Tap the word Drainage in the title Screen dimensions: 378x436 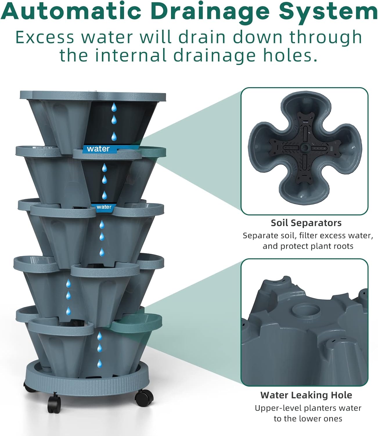point(211,13)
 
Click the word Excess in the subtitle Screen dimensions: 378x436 point(45,37)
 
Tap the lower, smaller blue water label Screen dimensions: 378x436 point(104,207)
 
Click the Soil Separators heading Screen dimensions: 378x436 point(306,223)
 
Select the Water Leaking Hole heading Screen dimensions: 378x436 point(306,395)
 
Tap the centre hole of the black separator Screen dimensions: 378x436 point(305,147)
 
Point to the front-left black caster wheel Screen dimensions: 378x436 point(54,403)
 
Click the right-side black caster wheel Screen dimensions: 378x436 point(144,399)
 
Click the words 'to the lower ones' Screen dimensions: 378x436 point(308,419)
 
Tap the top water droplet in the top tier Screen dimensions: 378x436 point(114,107)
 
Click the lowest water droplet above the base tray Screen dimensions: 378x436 point(99,363)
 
